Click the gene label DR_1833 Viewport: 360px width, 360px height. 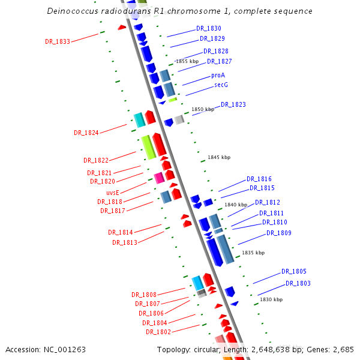click(58, 42)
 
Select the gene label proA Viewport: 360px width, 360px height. click(218, 76)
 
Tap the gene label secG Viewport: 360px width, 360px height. click(221, 85)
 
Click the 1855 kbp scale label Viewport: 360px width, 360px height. click(187, 61)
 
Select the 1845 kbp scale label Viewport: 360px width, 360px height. click(219, 157)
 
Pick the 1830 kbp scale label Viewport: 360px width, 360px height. click(271, 299)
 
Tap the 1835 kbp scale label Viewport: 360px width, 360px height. click(253, 253)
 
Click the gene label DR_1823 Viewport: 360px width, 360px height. click(233, 105)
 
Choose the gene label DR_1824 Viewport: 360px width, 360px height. click(86, 133)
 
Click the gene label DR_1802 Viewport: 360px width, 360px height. click(158, 332)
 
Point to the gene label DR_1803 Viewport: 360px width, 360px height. click(298, 284)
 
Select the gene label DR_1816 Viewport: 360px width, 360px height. click(259, 179)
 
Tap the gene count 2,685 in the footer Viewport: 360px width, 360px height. click(344, 349)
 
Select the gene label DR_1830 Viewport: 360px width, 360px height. click(209, 29)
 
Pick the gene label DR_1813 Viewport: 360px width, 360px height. click(125, 242)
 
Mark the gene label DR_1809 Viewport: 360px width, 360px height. click(279, 233)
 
